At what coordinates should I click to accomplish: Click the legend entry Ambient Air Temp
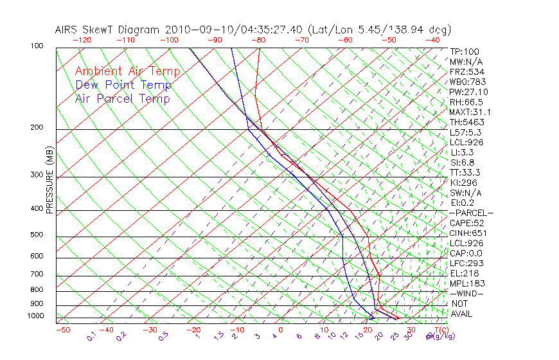pos(127,71)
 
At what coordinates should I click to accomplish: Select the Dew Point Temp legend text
pos(123,85)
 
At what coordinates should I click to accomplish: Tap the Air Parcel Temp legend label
pos(123,98)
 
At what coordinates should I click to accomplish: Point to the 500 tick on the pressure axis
pos(36,235)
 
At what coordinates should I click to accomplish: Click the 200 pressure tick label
pos(36,127)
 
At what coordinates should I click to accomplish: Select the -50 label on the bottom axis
pos(62,330)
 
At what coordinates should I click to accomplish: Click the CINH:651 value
pos(467,233)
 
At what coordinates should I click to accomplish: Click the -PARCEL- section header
pos(471,213)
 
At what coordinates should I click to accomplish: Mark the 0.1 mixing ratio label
pos(91,336)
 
